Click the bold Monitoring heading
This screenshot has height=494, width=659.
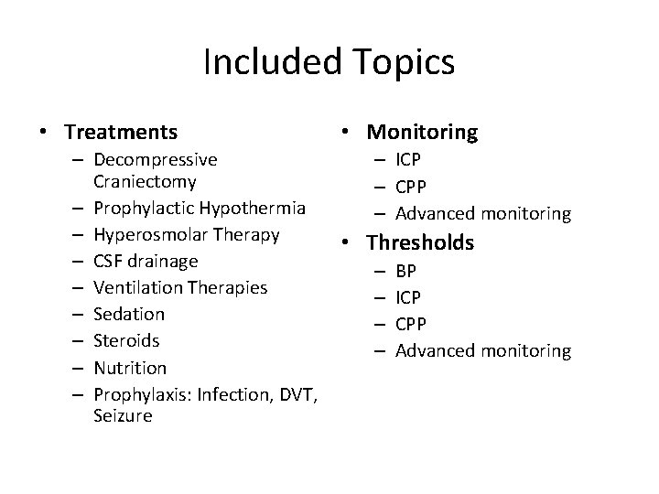(x=422, y=133)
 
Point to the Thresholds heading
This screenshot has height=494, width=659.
(x=420, y=242)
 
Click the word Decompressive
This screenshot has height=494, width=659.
(x=156, y=160)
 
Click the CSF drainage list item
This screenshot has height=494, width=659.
(x=146, y=261)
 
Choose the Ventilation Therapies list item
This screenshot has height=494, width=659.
(x=180, y=287)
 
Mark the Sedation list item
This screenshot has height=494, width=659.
(x=129, y=314)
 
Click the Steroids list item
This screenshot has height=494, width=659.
(x=127, y=340)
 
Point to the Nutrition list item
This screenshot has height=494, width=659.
(x=130, y=368)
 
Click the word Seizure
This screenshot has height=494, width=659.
(x=123, y=415)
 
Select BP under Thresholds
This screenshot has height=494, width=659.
(x=405, y=270)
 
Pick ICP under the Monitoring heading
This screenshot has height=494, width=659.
(x=408, y=160)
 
